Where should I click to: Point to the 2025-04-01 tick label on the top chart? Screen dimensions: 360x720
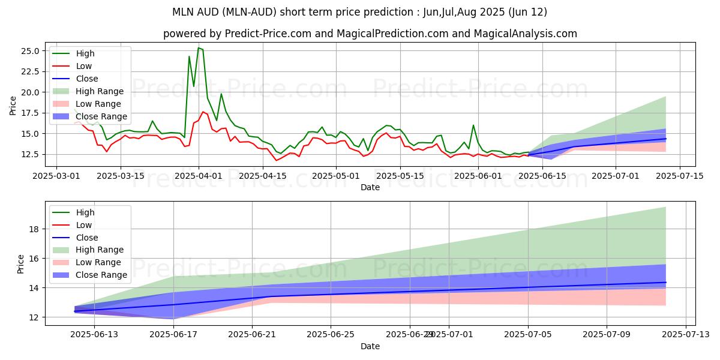pos(199,176)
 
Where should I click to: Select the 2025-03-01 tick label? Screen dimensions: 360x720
pos(56,176)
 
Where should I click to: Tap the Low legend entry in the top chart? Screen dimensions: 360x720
pos(84,66)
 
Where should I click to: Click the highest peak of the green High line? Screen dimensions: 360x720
pos(199,48)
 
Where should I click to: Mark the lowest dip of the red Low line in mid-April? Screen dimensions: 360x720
pos(277,160)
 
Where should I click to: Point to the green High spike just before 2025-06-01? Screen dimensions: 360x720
pos(473,125)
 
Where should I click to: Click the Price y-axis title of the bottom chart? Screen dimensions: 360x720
pos(21,263)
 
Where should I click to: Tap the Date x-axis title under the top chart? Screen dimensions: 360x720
pos(370,187)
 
